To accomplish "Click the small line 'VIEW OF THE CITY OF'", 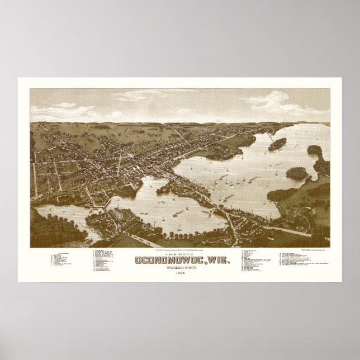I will click(180, 235).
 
